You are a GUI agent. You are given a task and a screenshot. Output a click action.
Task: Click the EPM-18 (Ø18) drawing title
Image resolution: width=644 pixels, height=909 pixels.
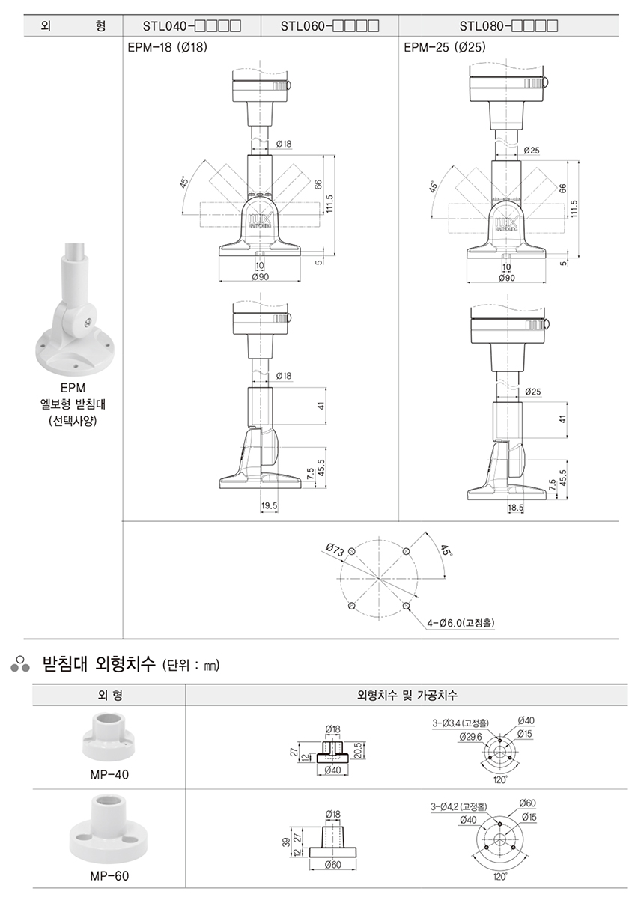[x=167, y=47]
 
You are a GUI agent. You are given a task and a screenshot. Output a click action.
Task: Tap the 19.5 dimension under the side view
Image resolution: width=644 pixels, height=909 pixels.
[x=270, y=507]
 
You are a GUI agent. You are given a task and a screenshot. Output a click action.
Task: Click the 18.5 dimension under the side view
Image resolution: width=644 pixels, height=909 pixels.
[x=516, y=508]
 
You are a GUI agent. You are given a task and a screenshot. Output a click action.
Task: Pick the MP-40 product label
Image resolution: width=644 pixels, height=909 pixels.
[x=109, y=775]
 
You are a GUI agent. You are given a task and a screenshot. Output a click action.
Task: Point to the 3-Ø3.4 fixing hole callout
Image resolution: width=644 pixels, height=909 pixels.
[x=461, y=723]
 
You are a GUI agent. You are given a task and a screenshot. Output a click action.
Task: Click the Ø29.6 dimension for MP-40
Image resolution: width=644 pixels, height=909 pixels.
[x=470, y=737]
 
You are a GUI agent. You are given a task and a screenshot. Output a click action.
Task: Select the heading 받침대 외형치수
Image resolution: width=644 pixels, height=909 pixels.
[x=100, y=663]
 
